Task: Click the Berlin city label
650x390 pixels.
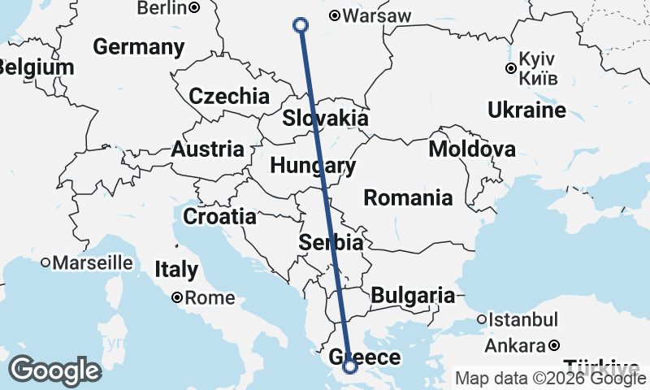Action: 162,8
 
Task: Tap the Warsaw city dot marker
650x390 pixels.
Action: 335,15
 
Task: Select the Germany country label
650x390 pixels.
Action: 139,47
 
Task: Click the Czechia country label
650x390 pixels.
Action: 229,96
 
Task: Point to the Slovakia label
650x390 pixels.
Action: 325,119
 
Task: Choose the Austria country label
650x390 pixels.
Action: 207,149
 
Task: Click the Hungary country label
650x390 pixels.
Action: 313,167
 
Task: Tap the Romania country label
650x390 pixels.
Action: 408,197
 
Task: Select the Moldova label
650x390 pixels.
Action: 472,149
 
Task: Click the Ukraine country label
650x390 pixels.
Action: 526,110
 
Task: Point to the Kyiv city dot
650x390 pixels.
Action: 510,68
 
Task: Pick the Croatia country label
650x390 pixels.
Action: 219,217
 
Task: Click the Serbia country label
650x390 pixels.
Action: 331,242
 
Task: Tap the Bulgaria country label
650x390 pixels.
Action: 413,296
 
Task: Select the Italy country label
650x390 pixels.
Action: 176,269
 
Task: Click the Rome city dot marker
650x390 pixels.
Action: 176,298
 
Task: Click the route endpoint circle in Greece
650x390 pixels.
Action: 350,366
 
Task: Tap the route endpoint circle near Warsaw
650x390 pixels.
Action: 301,25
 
